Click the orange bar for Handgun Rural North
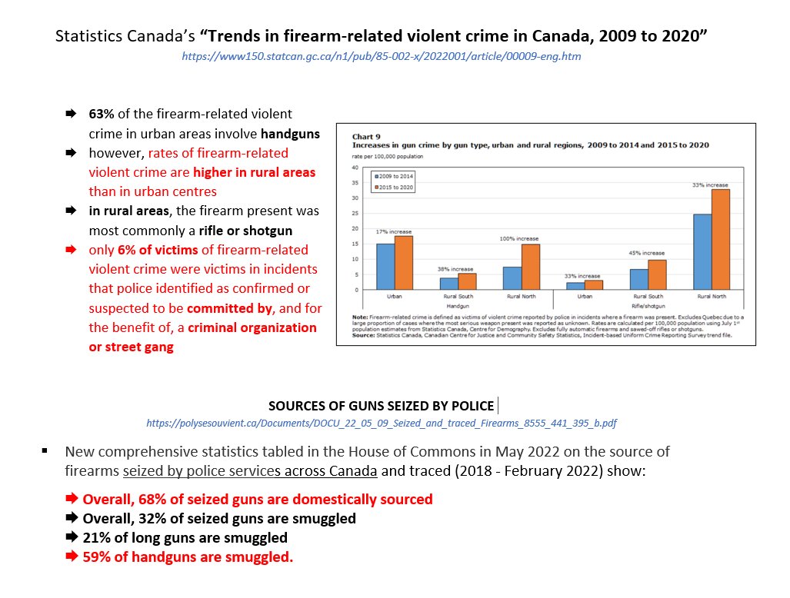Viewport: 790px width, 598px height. click(531, 267)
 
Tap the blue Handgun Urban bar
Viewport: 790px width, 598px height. click(385, 266)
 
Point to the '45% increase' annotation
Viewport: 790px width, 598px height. click(646, 253)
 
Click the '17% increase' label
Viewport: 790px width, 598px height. click(394, 231)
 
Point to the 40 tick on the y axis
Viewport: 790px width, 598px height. click(355, 168)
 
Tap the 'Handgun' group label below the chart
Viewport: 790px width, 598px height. click(458, 305)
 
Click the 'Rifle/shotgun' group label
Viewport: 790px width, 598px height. click(648, 305)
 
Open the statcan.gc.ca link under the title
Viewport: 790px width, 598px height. click(381, 57)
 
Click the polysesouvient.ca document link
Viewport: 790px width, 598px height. click(381, 423)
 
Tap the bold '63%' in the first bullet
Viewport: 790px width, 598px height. click(102, 114)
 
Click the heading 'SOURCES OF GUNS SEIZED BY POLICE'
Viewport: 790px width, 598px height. click(381, 406)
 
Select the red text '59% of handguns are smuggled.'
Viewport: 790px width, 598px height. click(188, 556)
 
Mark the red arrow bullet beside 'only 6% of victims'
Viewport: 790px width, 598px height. click(71, 250)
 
